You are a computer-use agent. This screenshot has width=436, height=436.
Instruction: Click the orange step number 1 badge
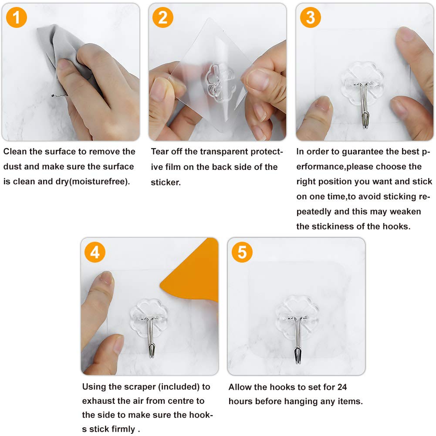[x=17, y=17]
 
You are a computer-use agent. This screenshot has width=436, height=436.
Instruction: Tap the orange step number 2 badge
[x=163, y=17]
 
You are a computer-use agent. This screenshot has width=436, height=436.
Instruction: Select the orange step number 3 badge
[x=311, y=17]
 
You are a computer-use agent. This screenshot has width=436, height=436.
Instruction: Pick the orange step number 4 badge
[x=95, y=252]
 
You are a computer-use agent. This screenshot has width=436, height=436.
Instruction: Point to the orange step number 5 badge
[x=242, y=252]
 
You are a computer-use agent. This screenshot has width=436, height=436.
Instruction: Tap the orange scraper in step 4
[x=195, y=273]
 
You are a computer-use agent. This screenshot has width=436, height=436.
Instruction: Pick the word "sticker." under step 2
[x=166, y=183]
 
